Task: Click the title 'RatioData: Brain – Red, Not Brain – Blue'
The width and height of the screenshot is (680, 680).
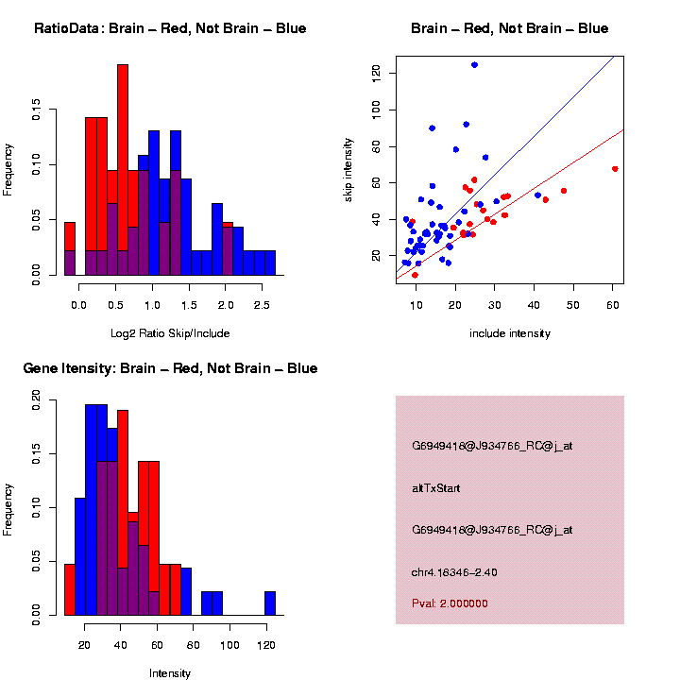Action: [x=170, y=28]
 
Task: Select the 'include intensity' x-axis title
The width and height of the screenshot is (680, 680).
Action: [x=510, y=333]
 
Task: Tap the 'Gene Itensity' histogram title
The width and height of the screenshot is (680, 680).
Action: [x=170, y=368]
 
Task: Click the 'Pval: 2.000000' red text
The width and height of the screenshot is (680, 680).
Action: [x=450, y=603]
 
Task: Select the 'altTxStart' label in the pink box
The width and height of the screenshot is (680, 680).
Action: [x=435, y=488]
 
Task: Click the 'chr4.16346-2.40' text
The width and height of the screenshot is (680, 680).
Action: [x=454, y=572]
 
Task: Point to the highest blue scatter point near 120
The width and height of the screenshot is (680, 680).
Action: [x=474, y=65]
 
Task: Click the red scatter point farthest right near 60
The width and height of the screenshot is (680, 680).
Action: [x=615, y=169]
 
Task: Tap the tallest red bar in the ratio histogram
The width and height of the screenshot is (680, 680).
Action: [x=123, y=170]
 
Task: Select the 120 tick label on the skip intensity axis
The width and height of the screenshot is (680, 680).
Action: [x=376, y=71]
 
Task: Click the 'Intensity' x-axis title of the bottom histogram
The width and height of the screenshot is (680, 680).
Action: [x=170, y=673]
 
